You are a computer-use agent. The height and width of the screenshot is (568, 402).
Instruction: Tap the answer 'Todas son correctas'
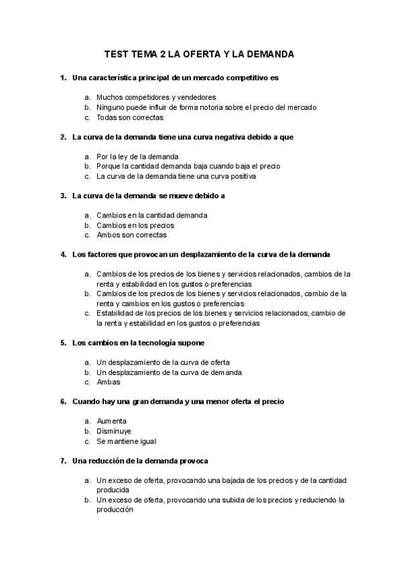click(x=129, y=117)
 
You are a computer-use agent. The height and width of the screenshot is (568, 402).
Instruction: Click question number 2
click(x=63, y=137)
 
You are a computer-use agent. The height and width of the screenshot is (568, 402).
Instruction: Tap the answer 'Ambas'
click(x=108, y=382)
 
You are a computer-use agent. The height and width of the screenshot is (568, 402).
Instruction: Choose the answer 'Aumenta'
click(x=111, y=421)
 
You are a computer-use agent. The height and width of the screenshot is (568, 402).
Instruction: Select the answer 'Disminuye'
click(x=114, y=431)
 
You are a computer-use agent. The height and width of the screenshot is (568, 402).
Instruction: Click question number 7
click(x=63, y=461)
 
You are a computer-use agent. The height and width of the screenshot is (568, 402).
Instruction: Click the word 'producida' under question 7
click(x=114, y=490)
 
